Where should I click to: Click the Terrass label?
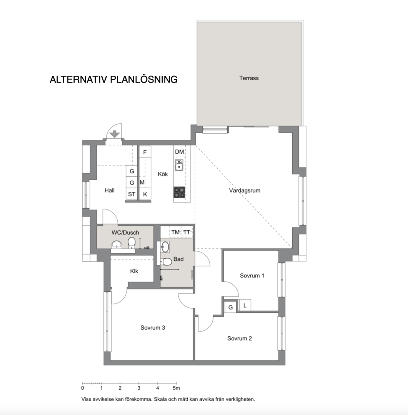tap(249, 78)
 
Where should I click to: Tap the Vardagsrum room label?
tap(245, 191)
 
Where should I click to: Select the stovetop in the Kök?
tap(179, 192)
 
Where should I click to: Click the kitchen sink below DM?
tap(179, 165)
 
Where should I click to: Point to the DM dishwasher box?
tap(180, 152)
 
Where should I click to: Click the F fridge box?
tap(145, 152)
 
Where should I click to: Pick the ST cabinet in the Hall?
tap(132, 194)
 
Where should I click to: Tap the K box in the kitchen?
tap(145, 194)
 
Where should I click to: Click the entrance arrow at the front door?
tap(115, 134)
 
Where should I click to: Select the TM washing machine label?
tap(175, 232)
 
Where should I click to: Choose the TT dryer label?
tap(187, 232)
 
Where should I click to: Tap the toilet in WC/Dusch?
tap(132, 242)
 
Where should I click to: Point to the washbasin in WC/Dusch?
tap(117, 245)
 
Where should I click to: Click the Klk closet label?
tap(134, 271)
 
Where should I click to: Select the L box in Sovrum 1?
tap(245, 305)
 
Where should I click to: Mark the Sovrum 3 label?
tap(153, 328)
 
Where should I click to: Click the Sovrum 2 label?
tap(240, 338)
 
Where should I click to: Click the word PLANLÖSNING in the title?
tap(143, 80)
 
